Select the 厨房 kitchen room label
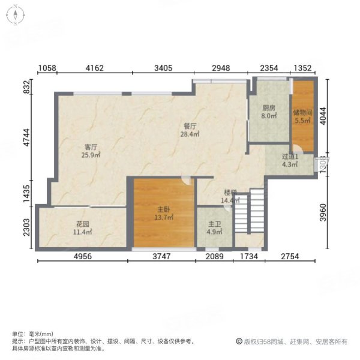[268, 109]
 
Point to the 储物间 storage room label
[302, 112]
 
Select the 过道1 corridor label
[290, 158]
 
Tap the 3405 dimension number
[162, 68]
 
